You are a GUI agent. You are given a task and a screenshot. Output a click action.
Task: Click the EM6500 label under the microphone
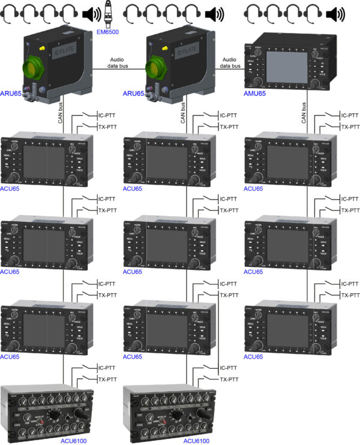107,31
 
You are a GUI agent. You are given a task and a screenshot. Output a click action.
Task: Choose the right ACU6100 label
197,440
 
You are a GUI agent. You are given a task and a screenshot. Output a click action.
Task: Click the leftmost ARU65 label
12,94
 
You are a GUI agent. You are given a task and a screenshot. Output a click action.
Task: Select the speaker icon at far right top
338,13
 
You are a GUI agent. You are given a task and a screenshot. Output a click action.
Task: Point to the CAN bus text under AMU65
304,113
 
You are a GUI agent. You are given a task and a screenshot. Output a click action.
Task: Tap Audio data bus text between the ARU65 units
118,63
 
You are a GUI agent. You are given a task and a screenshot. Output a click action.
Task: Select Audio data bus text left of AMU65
229,63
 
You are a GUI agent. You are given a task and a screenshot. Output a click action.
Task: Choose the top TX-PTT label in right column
350,127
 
